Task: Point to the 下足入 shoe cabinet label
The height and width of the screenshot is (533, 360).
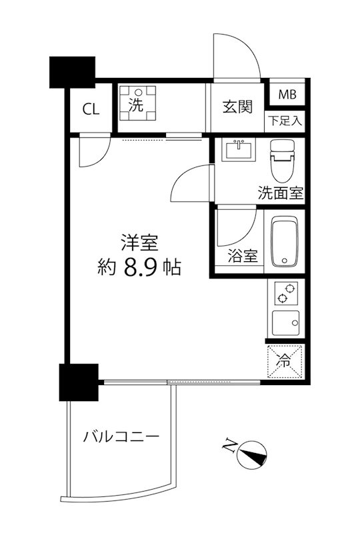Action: [x=286, y=121]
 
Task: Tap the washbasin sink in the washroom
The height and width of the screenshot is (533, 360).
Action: [x=237, y=150]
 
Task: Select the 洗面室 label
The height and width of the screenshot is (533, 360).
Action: [x=281, y=194]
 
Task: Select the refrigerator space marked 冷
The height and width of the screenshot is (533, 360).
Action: [x=285, y=362]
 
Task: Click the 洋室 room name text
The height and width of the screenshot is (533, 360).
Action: [x=138, y=241]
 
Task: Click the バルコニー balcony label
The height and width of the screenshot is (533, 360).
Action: [x=121, y=437]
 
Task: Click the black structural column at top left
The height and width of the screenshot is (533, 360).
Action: [x=73, y=71]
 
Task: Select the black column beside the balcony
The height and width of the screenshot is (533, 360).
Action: [x=79, y=382]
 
